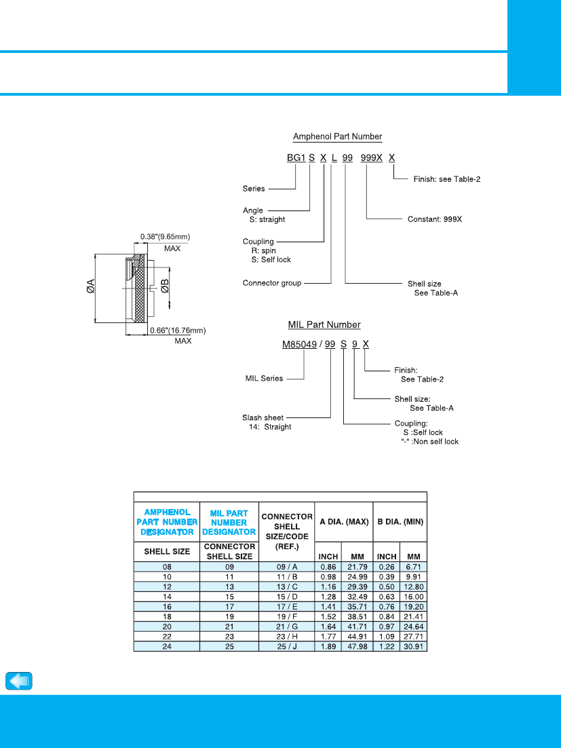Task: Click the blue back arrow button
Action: pyautogui.click(x=19, y=681)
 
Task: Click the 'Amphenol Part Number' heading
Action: pyautogui.click(x=337, y=136)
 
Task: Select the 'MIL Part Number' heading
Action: pyautogui.click(x=324, y=324)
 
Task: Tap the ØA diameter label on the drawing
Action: pyautogui.click(x=91, y=286)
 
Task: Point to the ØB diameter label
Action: pyautogui.click(x=165, y=286)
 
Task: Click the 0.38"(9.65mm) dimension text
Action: pyautogui.click(x=165, y=237)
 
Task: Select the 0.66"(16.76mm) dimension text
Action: pyautogui.click(x=178, y=330)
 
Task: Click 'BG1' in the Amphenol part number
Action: pyautogui.click(x=296, y=157)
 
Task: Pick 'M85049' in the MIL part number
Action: pyautogui.click(x=299, y=344)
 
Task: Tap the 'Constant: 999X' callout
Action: pyautogui.click(x=435, y=219)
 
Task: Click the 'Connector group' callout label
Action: pyautogui.click(x=272, y=283)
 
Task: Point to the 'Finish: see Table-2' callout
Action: pyautogui.click(x=446, y=179)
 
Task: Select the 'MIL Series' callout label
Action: pyautogui.click(x=264, y=378)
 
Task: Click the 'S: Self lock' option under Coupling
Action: pyautogui.click(x=271, y=259)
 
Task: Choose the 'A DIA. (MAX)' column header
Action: pyautogui.click(x=344, y=522)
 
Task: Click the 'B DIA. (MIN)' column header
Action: pyautogui.click(x=400, y=522)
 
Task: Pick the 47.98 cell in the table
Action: pyautogui.click(x=357, y=647)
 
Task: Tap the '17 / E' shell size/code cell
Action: pyautogui.click(x=287, y=607)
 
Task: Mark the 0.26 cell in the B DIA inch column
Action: pyautogui.click(x=387, y=567)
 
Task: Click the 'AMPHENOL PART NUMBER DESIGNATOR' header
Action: pyautogui.click(x=167, y=522)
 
